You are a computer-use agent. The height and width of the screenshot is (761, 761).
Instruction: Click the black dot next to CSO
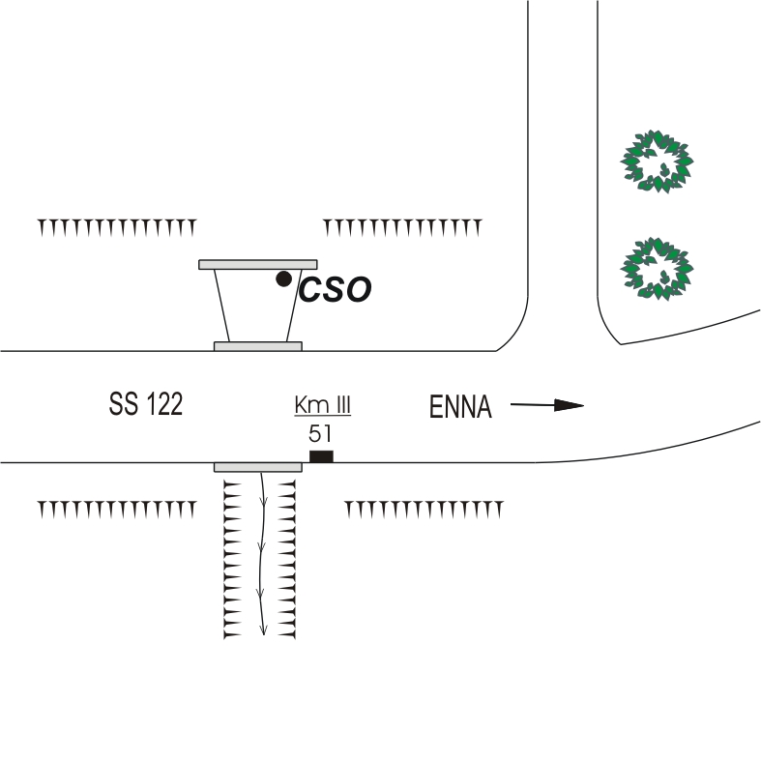(x=283, y=278)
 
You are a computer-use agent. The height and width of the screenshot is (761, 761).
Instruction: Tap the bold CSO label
(x=335, y=290)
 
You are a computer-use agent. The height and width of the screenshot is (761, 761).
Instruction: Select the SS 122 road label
(x=146, y=405)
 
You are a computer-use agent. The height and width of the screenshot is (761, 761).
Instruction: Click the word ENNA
(x=460, y=409)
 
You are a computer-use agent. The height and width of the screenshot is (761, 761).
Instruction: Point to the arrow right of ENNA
(x=547, y=406)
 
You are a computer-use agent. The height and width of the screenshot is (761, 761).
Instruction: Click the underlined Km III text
(x=322, y=406)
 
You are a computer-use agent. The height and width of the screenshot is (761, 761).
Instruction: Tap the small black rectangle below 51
(x=320, y=456)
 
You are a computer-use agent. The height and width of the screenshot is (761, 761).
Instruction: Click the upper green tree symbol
(x=659, y=160)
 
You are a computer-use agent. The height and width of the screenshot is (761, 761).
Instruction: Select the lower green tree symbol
(x=659, y=267)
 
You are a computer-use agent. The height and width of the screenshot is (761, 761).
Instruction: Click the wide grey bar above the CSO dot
(x=258, y=264)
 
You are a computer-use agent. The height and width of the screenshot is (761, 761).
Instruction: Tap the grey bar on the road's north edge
(x=257, y=345)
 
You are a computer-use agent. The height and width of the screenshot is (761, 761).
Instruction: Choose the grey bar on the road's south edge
(x=257, y=467)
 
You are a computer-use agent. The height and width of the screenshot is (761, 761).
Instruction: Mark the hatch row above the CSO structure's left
(x=117, y=227)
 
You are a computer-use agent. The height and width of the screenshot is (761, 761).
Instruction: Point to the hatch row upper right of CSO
(x=402, y=227)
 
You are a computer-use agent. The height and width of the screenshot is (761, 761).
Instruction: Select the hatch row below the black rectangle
(x=424, y=509)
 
